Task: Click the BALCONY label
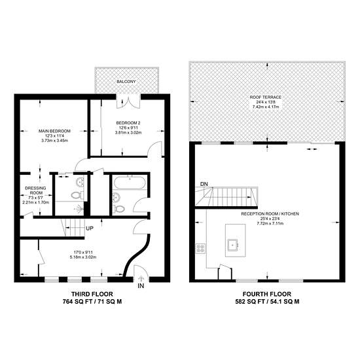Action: click(126, 82)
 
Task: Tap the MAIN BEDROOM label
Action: click(54, 131)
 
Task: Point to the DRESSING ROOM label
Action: click(35, 190)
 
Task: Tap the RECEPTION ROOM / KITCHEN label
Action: click(270, 214)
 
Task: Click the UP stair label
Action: click(90, 228)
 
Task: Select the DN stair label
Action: click(204, 184)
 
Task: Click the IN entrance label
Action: click(141, 286)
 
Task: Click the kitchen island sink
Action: click(233, 245)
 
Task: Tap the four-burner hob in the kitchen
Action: click(200, 248)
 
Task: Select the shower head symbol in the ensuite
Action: click(80, 209)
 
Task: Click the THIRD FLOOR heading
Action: click(92, 294)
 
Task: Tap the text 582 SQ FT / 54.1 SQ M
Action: click(267, 302)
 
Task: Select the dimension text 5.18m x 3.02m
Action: click(83, 257)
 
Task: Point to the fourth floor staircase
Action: click(226, 197)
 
